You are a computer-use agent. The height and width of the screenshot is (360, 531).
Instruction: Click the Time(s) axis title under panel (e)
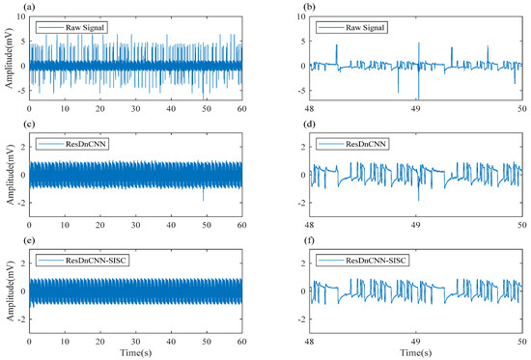point(135,353)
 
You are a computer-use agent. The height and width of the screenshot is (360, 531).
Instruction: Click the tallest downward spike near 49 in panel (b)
point(418,97)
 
